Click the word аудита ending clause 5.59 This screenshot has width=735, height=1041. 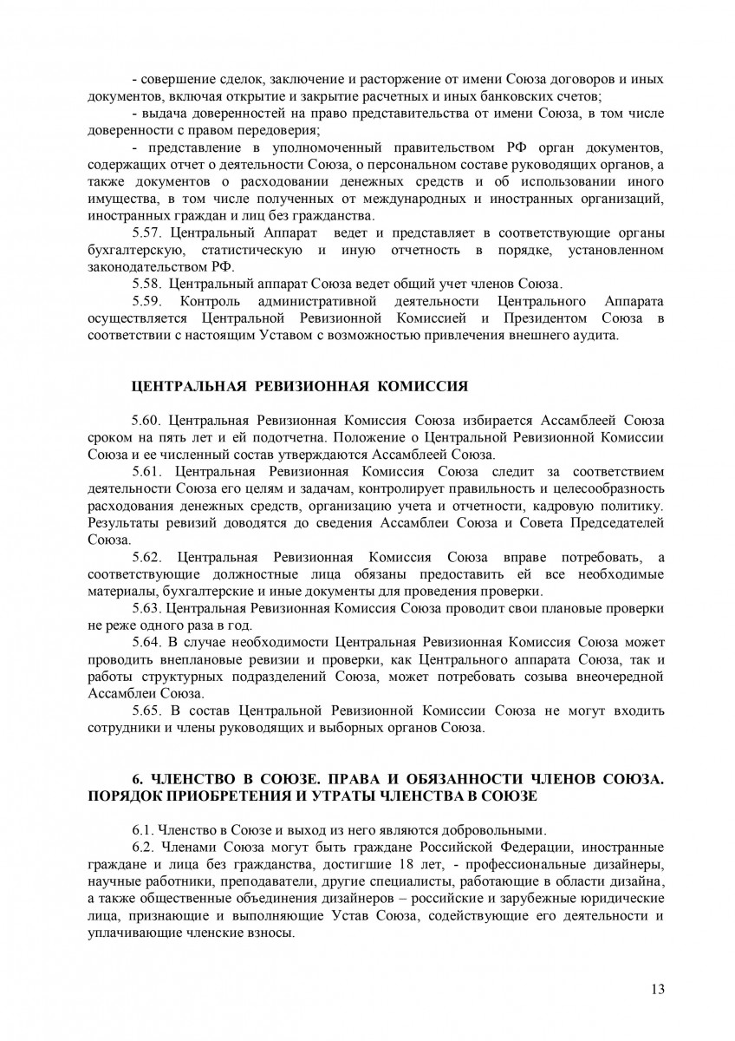click(597, 336)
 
